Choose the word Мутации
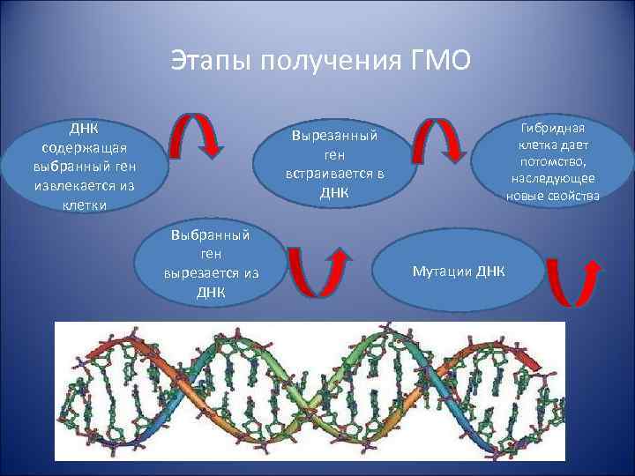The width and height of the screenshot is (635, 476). click(x=443, y=270)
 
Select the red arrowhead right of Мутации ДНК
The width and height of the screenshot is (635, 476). click(x=594, y=265)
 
